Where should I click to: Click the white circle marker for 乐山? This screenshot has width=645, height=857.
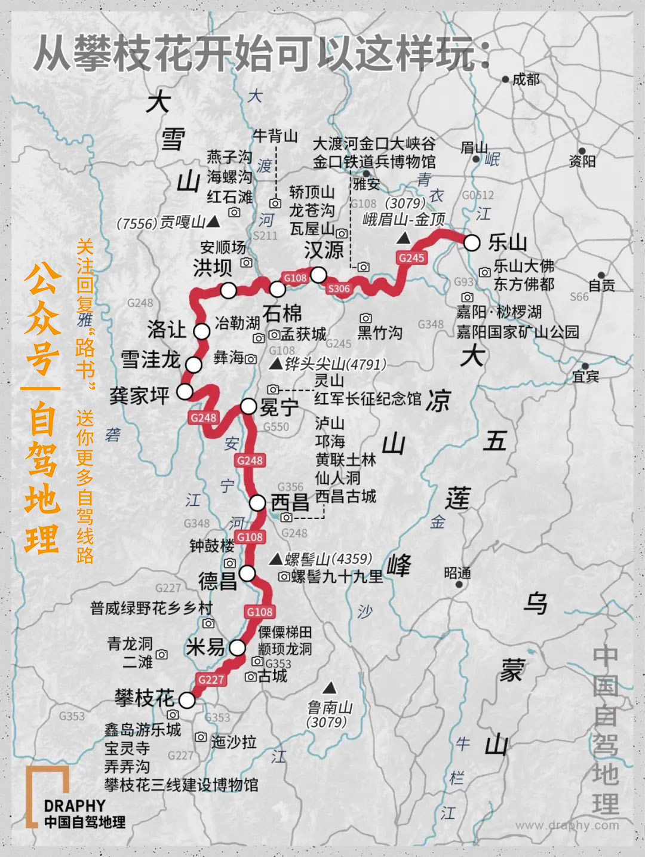tap(472, 242)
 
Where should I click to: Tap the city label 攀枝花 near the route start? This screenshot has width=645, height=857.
tap(144, 698)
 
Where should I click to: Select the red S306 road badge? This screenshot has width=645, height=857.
tap(339, 288)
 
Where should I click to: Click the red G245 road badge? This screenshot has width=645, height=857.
tap(411, 257)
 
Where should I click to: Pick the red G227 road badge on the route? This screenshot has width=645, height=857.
tap(211, 679)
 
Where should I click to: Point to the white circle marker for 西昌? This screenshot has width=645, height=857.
tap(257, 503)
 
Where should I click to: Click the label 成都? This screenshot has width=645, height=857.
tap(526, 79)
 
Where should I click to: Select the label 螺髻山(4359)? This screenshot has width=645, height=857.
tap(328, 559)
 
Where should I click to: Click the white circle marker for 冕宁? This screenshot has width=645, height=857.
tap(248, 406)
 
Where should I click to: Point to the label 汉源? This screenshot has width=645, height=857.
tap(324, 250)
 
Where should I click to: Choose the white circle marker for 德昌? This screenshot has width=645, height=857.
tap(247, 573)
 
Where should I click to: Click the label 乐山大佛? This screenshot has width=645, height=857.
tap(524, 266)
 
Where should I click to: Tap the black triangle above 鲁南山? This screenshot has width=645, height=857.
tap(328, 687)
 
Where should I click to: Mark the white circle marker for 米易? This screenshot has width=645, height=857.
tap(238, 648)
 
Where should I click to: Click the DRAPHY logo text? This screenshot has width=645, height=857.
tap(75, 806)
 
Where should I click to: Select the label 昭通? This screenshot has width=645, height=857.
tap(457, 573)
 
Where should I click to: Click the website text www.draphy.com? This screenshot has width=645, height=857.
tap(567, 825)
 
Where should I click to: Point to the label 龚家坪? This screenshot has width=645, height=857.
tap(140, 395)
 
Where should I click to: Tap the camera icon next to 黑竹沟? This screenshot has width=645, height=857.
tap(365, 319)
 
